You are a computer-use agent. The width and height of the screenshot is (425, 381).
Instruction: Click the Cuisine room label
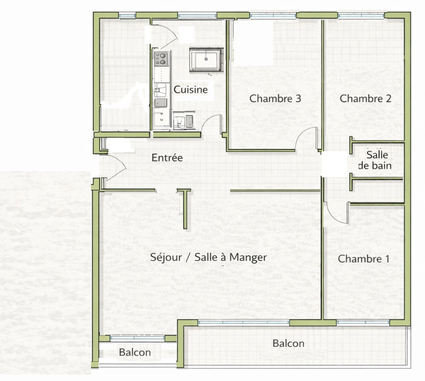tap(191, 90)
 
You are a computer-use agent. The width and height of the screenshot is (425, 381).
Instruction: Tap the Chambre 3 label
tap(275, 98)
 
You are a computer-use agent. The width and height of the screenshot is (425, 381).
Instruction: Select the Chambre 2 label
tap(365, 98)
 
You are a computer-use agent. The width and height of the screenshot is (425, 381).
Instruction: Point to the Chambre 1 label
tap(363, 259)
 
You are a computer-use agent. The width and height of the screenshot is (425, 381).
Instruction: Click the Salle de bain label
tap(376, 160)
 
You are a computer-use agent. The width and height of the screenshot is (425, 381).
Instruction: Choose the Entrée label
tap(167, 158)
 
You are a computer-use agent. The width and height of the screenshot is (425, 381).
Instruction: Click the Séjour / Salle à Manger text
tap(208, 258)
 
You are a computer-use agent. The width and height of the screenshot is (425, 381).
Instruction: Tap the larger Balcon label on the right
tap(288, 343)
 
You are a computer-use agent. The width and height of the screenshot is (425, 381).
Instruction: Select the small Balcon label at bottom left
tap(135, 352)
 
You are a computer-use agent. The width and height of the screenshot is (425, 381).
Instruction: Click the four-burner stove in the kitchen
tap(161, 58)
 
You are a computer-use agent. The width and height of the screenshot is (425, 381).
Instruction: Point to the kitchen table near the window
tap(206, 60)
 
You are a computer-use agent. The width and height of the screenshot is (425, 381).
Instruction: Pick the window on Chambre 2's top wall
tap(362, 16)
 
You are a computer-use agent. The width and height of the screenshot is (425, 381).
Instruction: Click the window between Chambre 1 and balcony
tap(363, 322)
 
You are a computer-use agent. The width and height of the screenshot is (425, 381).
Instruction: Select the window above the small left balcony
tap(137, 338)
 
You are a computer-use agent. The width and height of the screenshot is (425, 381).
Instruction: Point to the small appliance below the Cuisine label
tap(183, 121)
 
